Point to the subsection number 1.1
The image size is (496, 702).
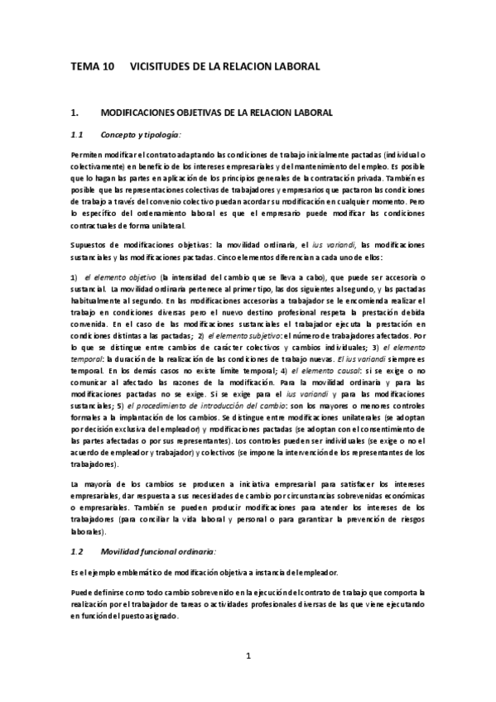tap(78, 134)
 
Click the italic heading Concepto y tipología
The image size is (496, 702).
tap(140, 134)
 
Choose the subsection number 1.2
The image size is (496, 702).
tap(78, 551)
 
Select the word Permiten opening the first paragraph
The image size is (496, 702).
tap(87, 156)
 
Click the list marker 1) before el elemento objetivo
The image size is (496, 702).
tap(75, 276)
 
